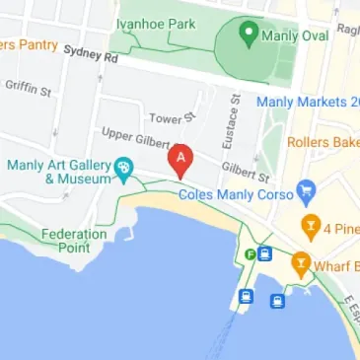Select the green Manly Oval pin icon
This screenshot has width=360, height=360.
tap(249, 36)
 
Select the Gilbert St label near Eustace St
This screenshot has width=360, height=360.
tap(245, 173)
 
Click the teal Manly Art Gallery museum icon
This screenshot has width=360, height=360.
tap(123, 170)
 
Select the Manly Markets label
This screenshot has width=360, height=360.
tap(306, 101)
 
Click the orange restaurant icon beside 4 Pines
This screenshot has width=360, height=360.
tap(310, 225)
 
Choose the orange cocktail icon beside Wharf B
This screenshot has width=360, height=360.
tap(300, 263)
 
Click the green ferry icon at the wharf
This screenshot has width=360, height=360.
tap(252, 254)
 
